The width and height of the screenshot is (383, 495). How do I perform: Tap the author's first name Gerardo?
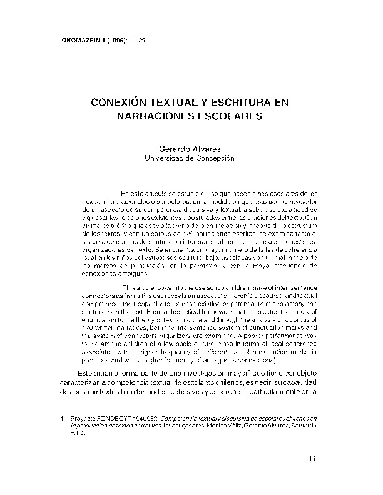[x=176, y=149]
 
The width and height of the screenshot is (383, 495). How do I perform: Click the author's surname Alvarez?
[x=211, y=149]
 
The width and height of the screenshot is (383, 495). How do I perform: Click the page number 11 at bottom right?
[x=314, y=460]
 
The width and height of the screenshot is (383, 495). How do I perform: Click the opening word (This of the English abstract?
[x=128, y=287]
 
